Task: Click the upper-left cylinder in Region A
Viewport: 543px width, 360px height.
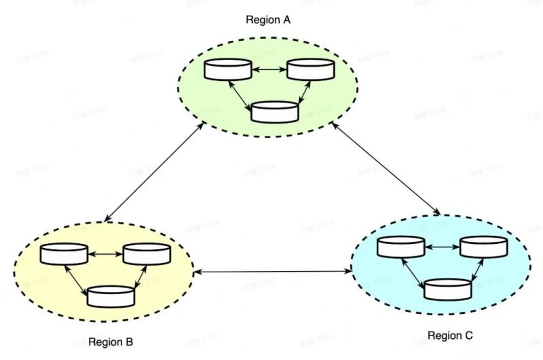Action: [x=227, y=69]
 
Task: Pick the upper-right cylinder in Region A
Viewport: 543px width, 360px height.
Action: [x=310, y=69]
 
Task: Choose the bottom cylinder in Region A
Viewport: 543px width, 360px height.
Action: [x=274, y=111]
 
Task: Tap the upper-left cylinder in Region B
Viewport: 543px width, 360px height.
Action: [x=64, y=254]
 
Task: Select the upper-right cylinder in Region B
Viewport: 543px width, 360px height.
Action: [x=146, y=254]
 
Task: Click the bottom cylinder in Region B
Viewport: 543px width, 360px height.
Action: [x=111, y=296]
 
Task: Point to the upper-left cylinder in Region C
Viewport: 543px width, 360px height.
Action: [x=401, y=247]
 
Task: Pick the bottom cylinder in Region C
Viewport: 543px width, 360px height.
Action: [x=448, y=289]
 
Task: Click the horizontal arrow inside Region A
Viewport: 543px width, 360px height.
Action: [x=269, y=69]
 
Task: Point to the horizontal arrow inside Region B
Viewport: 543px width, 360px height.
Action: [x=105, y=254]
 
